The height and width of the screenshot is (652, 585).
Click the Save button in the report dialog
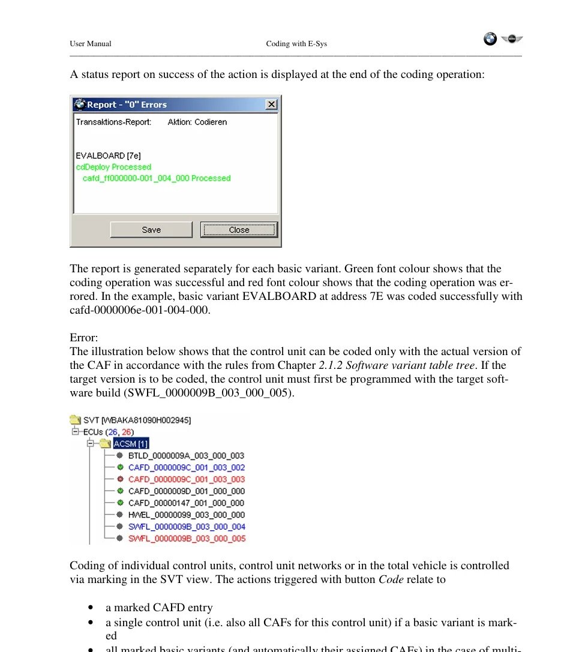coord(151,230)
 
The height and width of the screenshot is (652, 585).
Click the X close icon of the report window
coord(272,104)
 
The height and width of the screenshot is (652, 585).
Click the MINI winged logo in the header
coord(512,39)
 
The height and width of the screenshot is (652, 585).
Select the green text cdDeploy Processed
coord(113,167)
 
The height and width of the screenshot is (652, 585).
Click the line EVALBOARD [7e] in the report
coord(108,155)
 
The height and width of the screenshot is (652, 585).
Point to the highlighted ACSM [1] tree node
coord(131,444)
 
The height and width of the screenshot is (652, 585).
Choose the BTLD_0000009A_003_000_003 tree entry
coord(186,456)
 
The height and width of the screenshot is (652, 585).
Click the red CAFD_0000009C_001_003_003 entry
coord(186,479)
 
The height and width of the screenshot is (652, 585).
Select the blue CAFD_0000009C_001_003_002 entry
coord(186,467)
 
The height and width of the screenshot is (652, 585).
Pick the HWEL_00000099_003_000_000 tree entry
coord(186,515)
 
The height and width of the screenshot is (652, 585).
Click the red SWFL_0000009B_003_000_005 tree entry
coord(186,539)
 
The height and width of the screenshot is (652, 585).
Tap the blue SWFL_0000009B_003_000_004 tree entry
coord(186,527)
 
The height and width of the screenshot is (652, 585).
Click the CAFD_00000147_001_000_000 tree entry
coord(186,503)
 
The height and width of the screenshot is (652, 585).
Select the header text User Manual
coord(90,44)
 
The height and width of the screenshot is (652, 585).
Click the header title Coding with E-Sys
coord(296,44)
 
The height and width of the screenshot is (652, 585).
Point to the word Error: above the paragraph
coord(84,338)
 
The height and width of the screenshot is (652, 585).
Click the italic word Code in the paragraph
coord(391,579)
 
